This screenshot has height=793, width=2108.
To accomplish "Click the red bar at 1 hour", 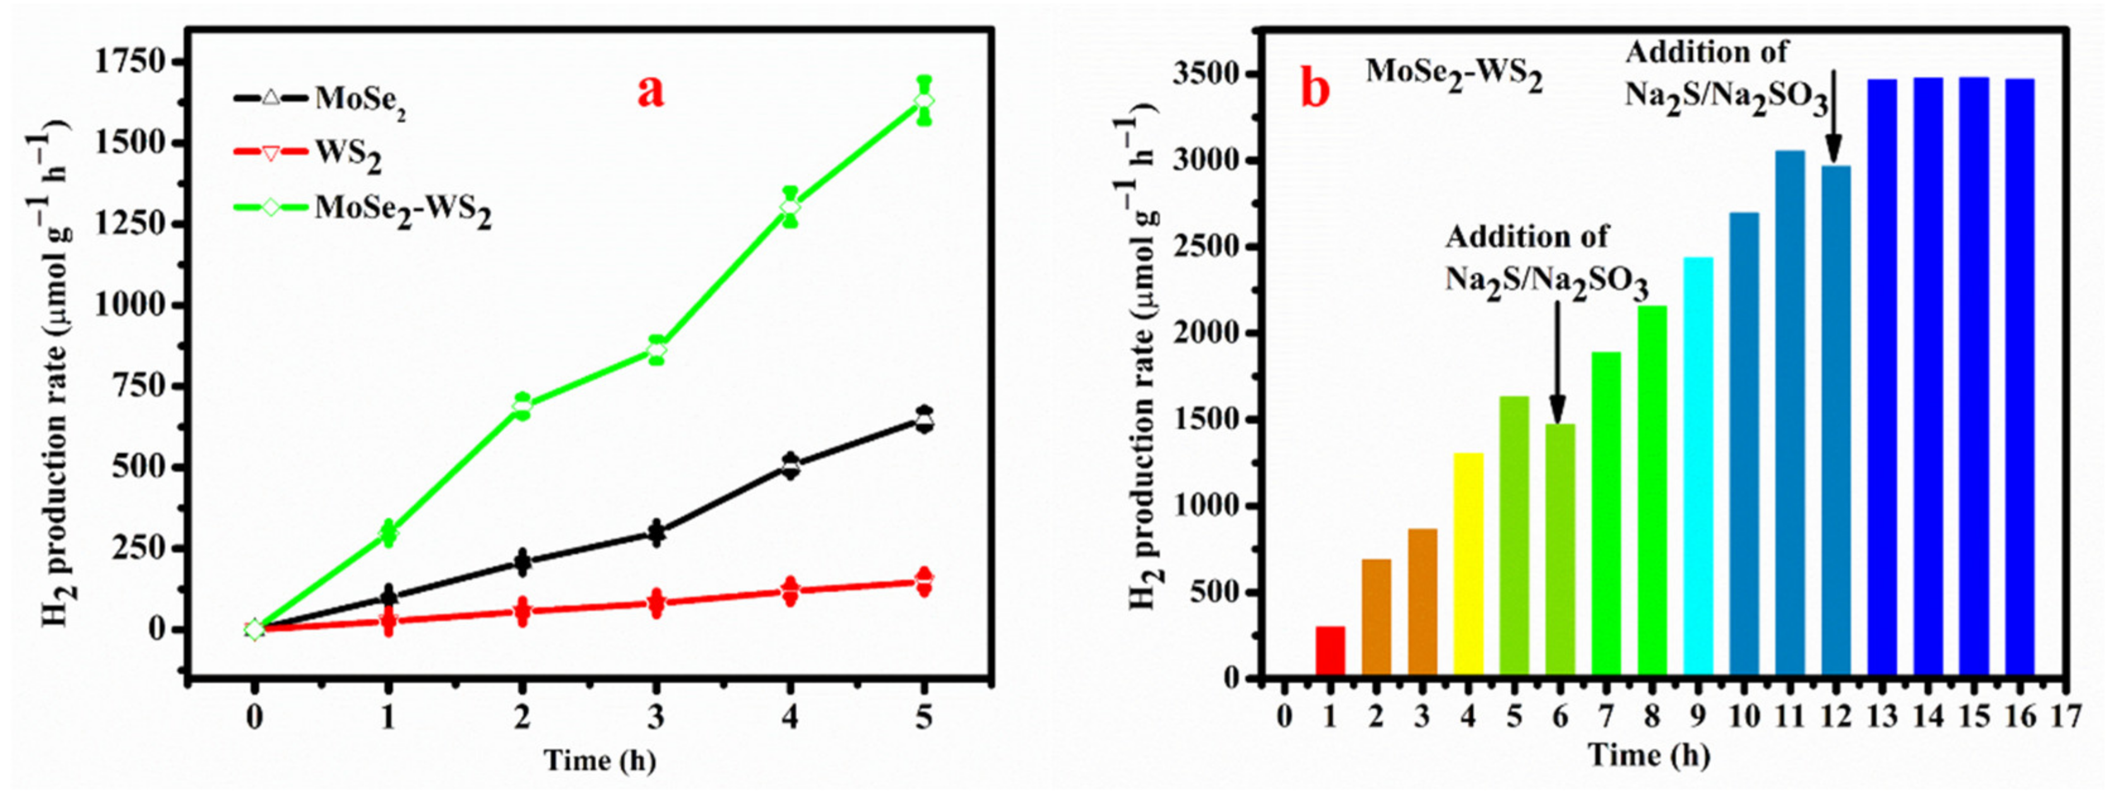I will point(1330,652).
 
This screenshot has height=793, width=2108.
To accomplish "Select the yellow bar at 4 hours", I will point(1468,564).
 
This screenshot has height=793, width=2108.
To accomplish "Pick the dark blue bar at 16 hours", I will point(2020,376).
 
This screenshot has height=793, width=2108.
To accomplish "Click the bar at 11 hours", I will point(1790,414).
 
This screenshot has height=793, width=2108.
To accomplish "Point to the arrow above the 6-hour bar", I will point(1557,360).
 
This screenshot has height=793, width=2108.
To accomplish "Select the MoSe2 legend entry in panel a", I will point(319,100).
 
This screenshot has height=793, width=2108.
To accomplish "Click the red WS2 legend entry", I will point(307,153).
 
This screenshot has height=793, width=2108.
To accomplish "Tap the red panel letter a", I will point(651,92).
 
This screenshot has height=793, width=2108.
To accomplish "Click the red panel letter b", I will point(1316,90).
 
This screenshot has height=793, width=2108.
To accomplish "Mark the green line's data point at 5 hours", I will point(924,100).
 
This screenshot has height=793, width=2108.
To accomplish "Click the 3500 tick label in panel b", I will point(1203,75).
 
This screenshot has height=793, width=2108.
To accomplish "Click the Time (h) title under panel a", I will point(600,760).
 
